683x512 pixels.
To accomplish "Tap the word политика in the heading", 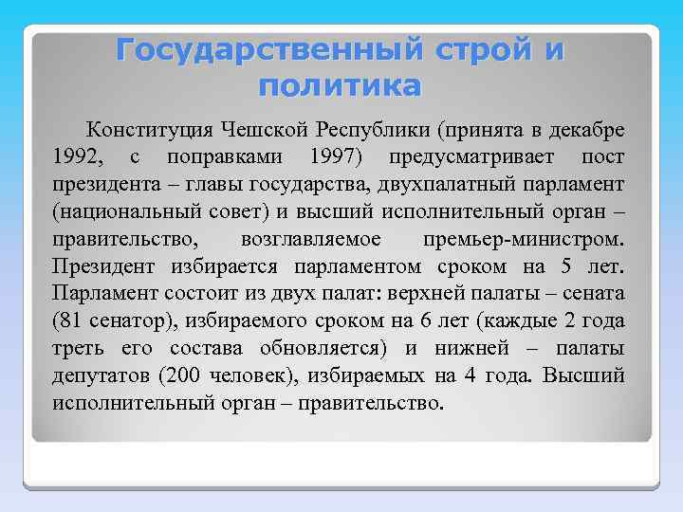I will click(339, 86).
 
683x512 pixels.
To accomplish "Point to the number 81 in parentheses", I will click(74, 320).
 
